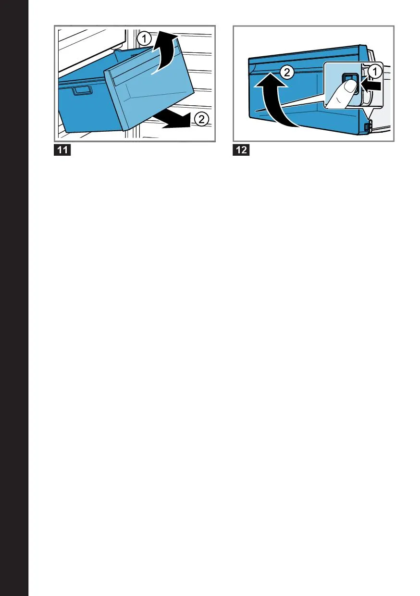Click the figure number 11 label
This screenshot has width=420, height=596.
click(x=62, y=150)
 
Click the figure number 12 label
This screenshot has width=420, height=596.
click(x=241, y=150)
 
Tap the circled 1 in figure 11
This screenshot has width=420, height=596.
click(x=144, y=39)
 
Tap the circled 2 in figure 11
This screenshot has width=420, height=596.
click(x=202, y=120)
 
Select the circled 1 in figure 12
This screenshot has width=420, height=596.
click(x=375, y=71)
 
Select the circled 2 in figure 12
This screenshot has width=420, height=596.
click(x=287, y=73)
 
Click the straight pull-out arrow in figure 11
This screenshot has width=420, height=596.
click(x=173, y=119)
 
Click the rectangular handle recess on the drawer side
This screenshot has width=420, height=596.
click(x=83, y=90)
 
